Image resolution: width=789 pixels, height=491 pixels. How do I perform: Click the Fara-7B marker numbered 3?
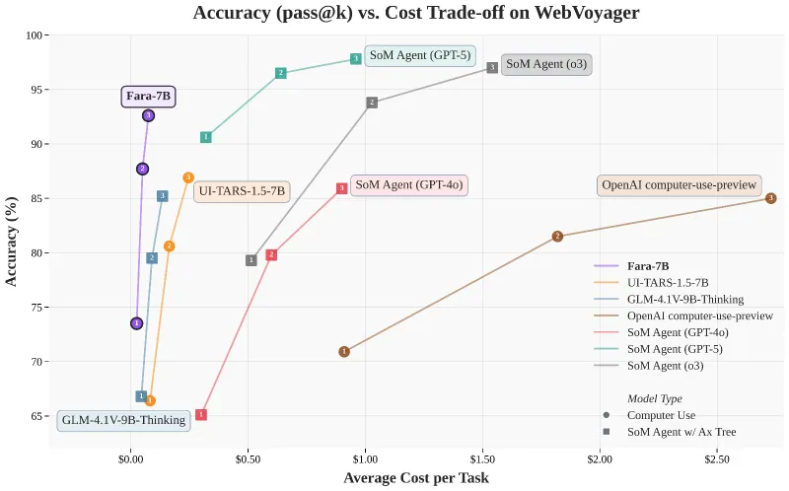click(148, 115)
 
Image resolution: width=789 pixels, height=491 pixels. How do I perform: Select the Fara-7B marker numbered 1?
click(136, 323)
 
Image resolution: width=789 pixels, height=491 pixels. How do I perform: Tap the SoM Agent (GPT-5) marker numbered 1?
click(206, 137)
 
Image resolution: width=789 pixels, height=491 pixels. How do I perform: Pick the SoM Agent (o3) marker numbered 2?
click(372, 103)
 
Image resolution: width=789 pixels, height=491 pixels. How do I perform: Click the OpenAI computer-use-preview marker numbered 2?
click(557, 237)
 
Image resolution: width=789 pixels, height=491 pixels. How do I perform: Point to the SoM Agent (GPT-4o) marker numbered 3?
click(341, 188)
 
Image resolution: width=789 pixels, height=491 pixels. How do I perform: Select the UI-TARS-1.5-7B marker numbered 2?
click(170, 246)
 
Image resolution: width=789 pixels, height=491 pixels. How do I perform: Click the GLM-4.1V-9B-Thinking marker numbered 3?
click(163, 196)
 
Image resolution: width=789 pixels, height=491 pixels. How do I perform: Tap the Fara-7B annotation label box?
click(149, 97)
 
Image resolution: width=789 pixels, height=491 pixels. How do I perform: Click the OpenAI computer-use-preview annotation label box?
click(679, 185)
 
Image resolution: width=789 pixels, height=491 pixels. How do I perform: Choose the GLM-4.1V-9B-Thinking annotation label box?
click(123, 421)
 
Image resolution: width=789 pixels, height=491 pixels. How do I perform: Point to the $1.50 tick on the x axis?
click(482, 459)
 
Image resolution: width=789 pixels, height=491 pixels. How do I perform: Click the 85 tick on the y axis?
click(37, 198)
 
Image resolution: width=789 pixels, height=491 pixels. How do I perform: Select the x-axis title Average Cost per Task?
click(415, 478)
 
